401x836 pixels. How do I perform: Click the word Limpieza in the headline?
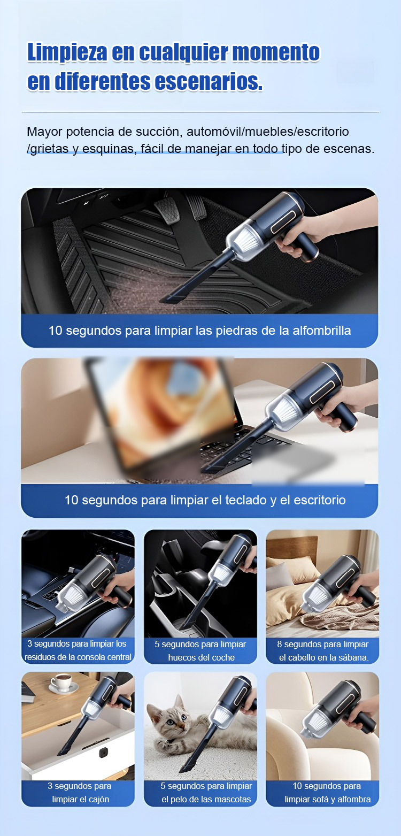point(67,52)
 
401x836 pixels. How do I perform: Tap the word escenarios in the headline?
point(208,81)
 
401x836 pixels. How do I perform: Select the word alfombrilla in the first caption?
point(321,331)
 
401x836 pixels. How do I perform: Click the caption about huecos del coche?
point(200,651)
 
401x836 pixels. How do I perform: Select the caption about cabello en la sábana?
point(323,651)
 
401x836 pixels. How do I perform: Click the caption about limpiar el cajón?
point(80,793)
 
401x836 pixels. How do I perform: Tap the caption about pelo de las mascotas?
point(206,793)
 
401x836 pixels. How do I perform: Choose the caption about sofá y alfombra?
point(327,793)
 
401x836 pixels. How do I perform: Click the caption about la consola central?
point(78,650)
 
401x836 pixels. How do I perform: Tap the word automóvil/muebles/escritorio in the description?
point(267,132)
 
